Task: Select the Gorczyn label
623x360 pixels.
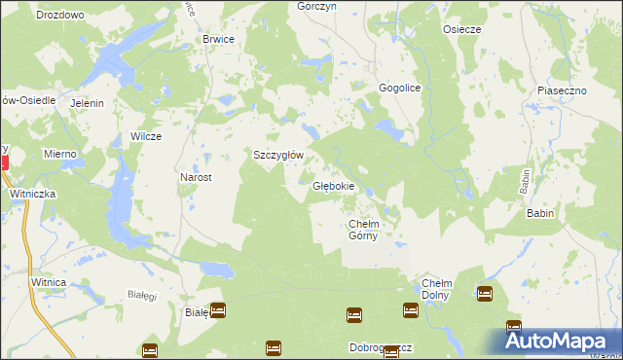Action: pyautogui.click(x=316, y=6)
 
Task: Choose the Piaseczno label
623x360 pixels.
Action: pyautogui.click(x=561, y=90)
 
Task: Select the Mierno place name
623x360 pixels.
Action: pyautogui.click(x=59, y=155)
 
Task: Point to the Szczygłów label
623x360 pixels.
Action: pyautogui.click(x=279, y=155)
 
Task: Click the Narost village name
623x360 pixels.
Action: pyautogui.click(x=196, y=178)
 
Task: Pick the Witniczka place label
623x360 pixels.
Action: pyautogui.click(x=34, y=195)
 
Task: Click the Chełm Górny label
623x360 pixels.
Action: pyautogui.click(x=370, y=230)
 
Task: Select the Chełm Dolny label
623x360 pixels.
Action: pyautogui.click(x=436, y=289)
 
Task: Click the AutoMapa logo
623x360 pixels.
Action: pyautogui.click(x=560, y=340)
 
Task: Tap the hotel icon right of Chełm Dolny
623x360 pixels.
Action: pyautogui.click(x=485, y=293)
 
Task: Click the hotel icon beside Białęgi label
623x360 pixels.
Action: pyautogui.click(x=218, y=311)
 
